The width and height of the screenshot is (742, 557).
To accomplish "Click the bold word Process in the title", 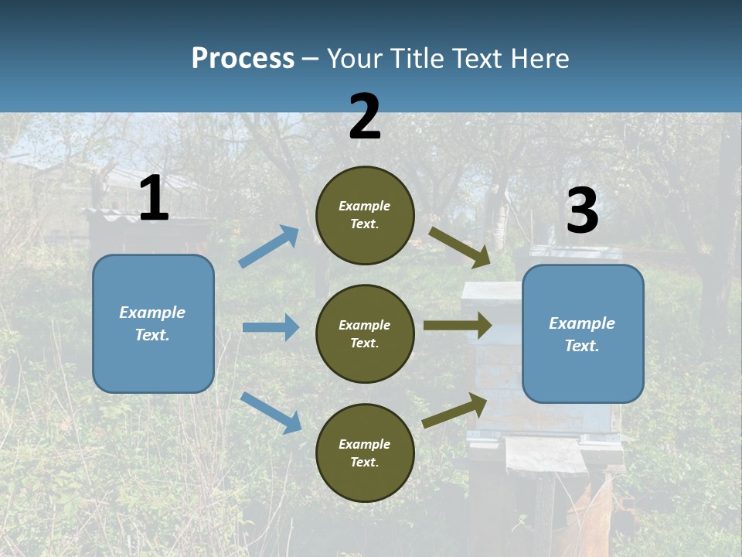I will [243, 59].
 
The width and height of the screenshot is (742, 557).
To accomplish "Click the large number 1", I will [154, 199].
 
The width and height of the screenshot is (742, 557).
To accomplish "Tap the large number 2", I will [365, 117].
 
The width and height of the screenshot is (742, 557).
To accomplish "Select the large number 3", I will [582, 211].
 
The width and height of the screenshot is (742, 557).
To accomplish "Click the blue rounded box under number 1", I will [153, 323].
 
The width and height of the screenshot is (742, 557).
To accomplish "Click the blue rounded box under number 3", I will [583, 333].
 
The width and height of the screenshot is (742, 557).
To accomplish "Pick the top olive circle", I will [365, 215].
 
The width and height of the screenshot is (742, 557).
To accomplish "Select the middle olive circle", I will [365, 333].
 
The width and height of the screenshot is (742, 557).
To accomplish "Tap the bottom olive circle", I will [365, 453].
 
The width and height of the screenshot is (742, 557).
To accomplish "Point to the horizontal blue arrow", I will [271, 327].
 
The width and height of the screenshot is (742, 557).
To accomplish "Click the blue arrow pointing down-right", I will [271, 412].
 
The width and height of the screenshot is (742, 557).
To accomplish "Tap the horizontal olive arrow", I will [457, 326].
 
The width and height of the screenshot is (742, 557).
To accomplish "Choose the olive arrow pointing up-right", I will [455, 410].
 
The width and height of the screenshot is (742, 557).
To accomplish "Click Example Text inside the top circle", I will [365, 215].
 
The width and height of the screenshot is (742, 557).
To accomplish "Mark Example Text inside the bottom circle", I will [365, 453].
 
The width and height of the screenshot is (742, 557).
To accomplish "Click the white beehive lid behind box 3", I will [492, 291].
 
